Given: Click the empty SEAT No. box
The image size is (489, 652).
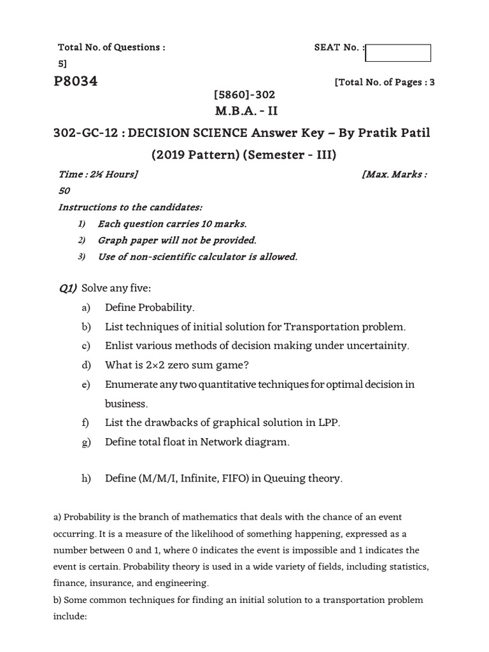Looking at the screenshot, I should tap(398, 53).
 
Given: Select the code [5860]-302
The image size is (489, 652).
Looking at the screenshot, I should tap(244, 94).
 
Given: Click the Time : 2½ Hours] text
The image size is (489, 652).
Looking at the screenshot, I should tap(99, 174).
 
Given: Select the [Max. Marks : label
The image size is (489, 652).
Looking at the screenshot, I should tap(394, 174).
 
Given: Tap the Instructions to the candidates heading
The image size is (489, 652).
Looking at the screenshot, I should tap(131, 208).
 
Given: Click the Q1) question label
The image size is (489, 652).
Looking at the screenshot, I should tap(67, 289).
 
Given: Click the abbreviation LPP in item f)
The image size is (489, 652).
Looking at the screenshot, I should tap(327, 423).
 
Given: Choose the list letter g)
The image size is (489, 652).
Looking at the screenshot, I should tap(86, 442).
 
